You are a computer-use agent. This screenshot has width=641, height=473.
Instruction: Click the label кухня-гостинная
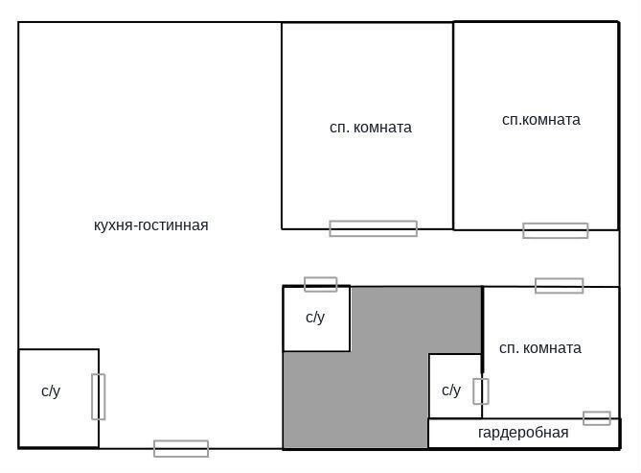pos(150,225)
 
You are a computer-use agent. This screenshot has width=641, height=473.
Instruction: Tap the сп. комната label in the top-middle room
pos(371,128)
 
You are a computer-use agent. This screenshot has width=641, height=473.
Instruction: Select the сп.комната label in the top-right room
pos(540,120)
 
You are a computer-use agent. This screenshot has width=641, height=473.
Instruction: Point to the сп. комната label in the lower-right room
pos(540,348)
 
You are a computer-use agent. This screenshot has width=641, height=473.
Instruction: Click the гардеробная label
pos(523,433)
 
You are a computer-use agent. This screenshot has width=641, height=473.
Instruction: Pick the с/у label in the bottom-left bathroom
pos(51,391)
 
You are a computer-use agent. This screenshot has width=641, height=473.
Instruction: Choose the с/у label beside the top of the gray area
pos(315,318)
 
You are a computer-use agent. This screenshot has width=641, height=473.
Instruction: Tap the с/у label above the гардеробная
pos(451,390)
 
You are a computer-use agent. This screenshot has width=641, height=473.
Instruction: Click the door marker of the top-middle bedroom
pos(374,228)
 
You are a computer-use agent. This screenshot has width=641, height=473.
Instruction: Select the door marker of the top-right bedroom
pos(555,230)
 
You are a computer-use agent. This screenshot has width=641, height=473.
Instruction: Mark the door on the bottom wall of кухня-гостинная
pos(181,448)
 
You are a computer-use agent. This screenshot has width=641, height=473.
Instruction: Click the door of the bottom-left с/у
pos(98,397)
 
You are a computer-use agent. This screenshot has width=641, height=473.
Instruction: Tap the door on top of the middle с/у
pos(320,284)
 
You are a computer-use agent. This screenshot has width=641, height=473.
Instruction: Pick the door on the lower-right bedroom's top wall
pos(559,286)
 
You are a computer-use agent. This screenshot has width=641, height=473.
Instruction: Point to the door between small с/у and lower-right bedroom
pos(481,391)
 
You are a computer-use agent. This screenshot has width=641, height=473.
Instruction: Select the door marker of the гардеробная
pos(596,418)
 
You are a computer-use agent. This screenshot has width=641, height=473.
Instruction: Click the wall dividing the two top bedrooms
pos(453,126)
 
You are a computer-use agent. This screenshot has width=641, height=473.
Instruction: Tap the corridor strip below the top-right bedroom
pos(532,258)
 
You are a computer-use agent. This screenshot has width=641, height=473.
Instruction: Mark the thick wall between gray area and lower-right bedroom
pos(482,330)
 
